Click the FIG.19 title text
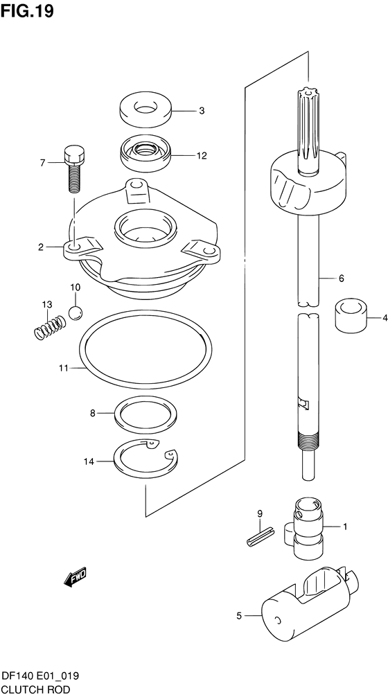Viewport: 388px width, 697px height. [x=27, y=11]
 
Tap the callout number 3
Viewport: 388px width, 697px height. [x=202, y=111]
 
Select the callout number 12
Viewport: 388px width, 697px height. [x=202, y=156]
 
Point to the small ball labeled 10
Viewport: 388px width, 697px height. [x=75, y=312]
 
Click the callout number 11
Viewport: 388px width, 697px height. [x=62, y=368]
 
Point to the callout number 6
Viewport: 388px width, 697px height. [x=341, y=279]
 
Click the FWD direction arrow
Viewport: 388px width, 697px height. [x=75, y=577]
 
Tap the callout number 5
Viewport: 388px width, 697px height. [x=239, y=616]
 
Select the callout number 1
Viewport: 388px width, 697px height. [x=344, y=527]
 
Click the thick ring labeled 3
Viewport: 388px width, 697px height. [x=145, y=110]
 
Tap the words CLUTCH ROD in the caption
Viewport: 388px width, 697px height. [x=36, y=690]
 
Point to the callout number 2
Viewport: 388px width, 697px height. [x=41, y=247]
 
